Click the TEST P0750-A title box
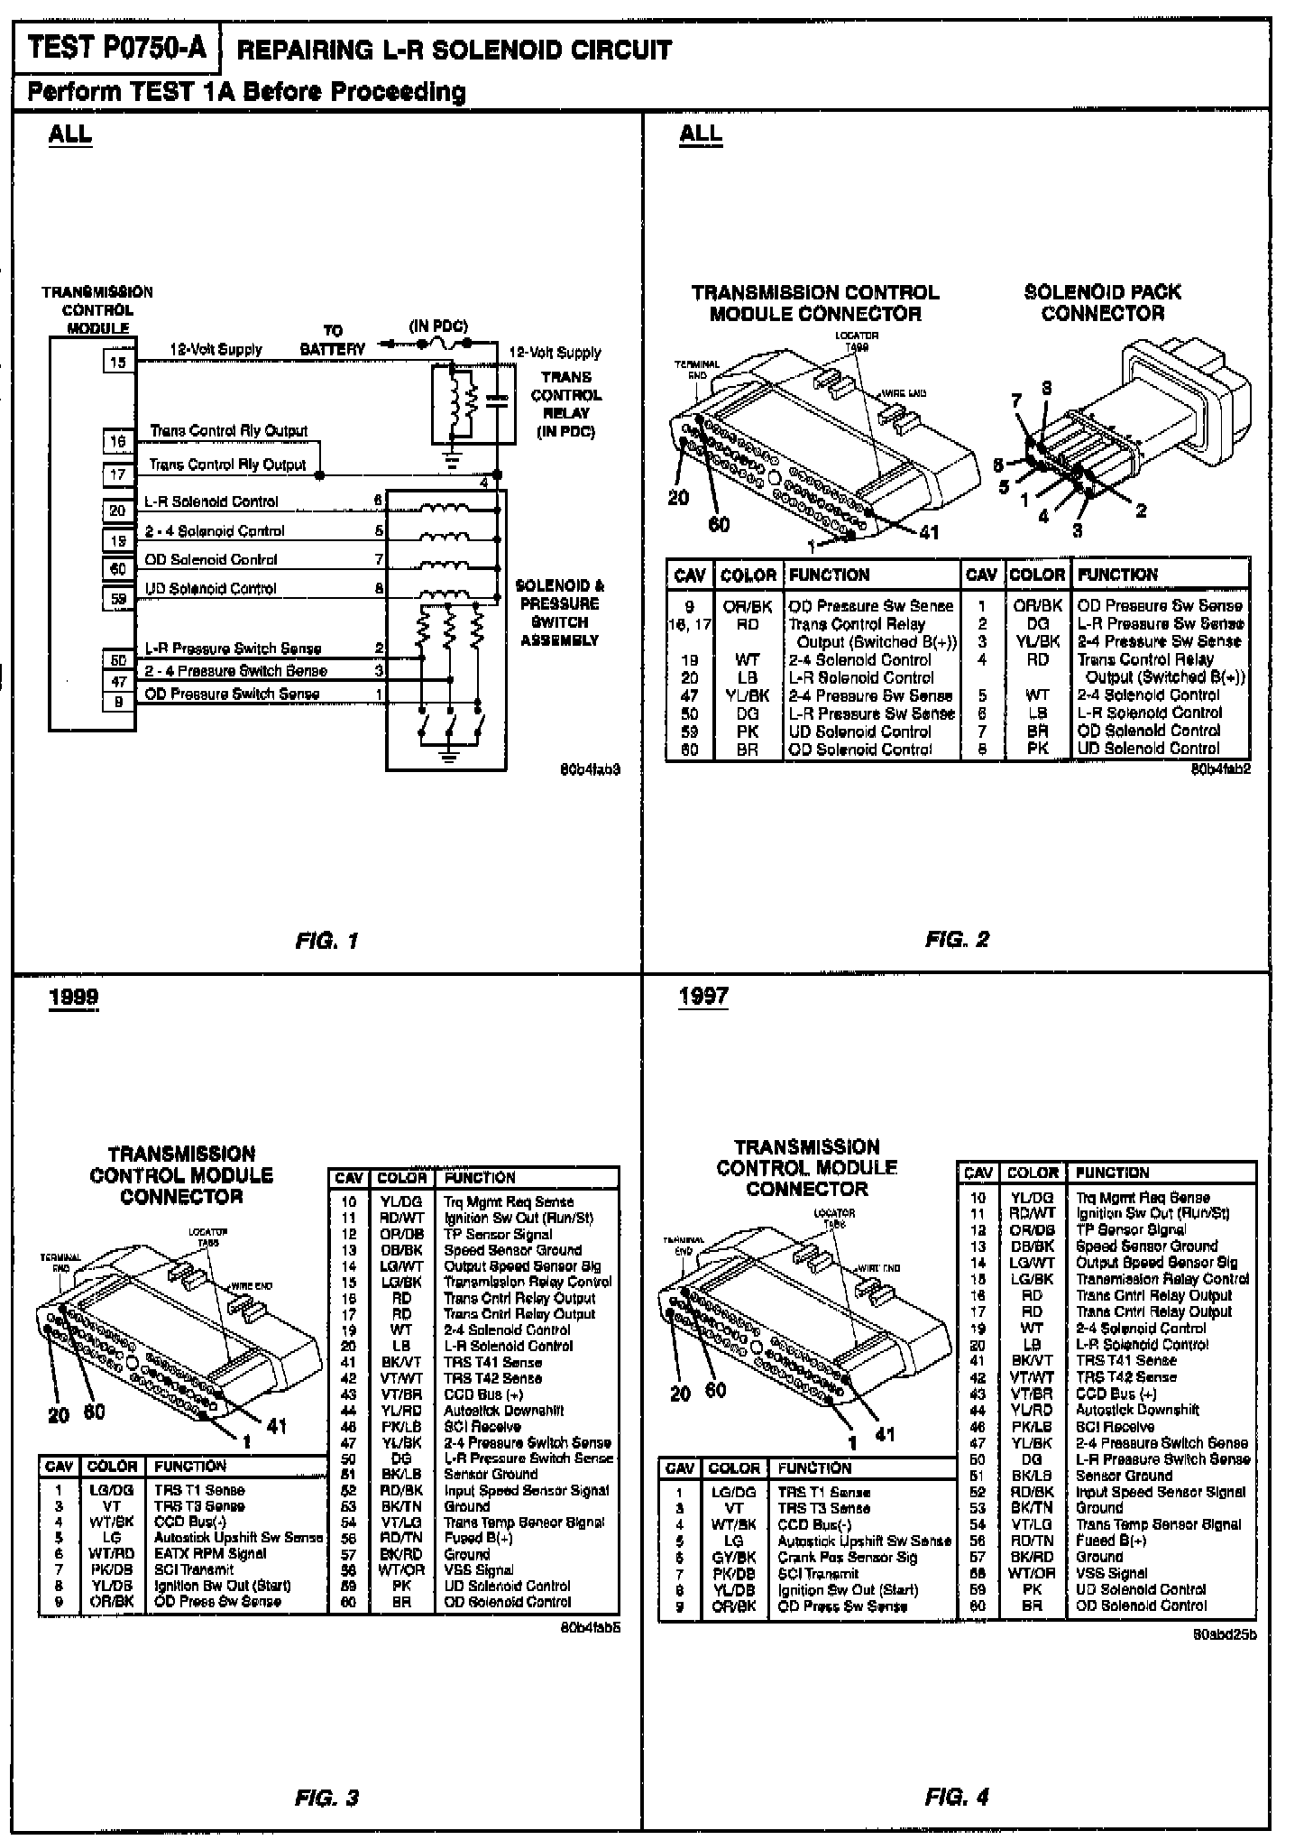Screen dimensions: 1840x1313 (117, 48)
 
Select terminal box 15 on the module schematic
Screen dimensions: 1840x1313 (119, 363)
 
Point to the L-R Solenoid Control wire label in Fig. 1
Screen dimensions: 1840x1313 (212, 501)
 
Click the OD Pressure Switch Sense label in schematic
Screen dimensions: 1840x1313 (232, 694)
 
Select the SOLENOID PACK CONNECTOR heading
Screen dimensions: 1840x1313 (1102, 303)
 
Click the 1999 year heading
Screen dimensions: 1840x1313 (74, 998)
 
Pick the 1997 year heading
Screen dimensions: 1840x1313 (703, 997)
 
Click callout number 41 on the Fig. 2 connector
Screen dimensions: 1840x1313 (928, 532)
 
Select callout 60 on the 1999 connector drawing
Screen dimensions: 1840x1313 (94, 1412)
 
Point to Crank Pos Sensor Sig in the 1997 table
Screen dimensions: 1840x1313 (848, 1558)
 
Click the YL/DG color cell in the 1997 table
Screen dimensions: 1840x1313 (1032, 1198)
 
